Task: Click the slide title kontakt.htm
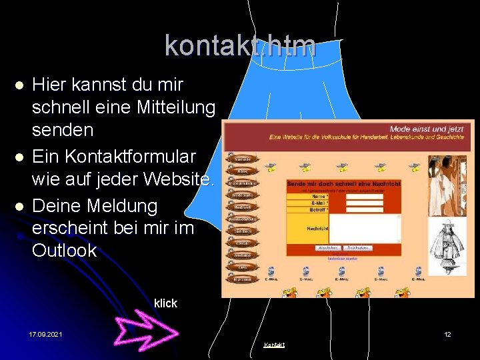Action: pyautogui.click(x=240, y=45)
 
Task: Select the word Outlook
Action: pyautogui.click(x=64, y=251)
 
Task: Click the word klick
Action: pyautogui.click(x=165, y=303)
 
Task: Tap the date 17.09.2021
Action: pyautogui.click(x=45, y=334)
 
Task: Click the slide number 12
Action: pyautogui.click(x=448, y=334)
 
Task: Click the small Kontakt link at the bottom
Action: pyautogui.click(x=274, y=345)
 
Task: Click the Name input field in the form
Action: pyautogui.click(x=365, y=196)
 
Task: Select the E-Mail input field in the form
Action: pyautogui.click(x=365, y=203)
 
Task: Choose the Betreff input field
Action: pyautogui.click(x=365, y=209)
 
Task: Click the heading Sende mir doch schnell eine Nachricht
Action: pyautogui.click(x=343, y=183)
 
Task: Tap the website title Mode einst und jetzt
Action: pyautogui.click(x=427, y=129)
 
